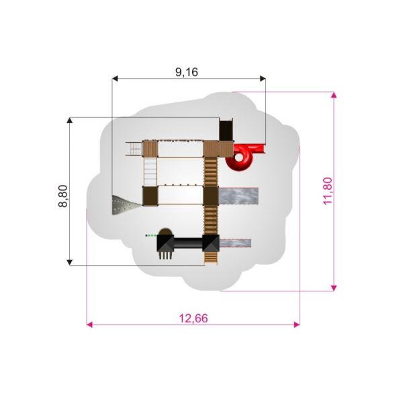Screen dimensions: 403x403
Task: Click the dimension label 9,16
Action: [x=187, y=72]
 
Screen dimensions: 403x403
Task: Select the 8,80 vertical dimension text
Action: [x=63, y=196]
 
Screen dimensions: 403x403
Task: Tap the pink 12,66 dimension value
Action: [x=193, y=318]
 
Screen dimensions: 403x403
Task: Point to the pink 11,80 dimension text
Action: [x=328, y=191]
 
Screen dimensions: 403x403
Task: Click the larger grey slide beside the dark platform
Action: [x=238, y=196]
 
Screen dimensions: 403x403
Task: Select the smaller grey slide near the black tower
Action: [x=235, y=243]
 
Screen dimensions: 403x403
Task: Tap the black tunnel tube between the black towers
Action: [x=188, y=243]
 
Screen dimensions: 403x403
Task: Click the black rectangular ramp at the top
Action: [x=226, y=129]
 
